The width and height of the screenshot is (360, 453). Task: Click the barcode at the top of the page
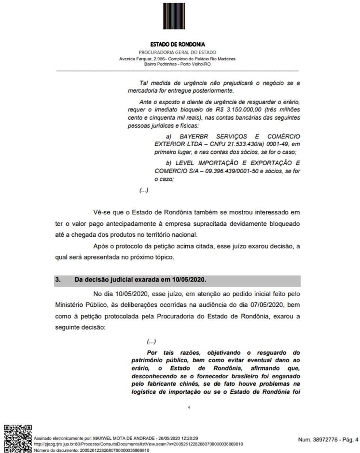pyautogui.click(x=174, y=16)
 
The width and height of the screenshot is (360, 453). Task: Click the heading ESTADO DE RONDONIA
pyautogui.click(x=177, y=44)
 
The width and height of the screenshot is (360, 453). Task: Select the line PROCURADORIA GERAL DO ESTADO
pyautogui.click(x=177, y=52)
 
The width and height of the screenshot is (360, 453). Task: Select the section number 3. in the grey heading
pyautogui.click(x=58, y=280)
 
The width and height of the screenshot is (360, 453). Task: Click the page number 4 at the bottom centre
pyautogui.click(x=189, y=407)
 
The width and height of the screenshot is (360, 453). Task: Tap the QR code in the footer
pyautogui.click(x=18, y=438)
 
